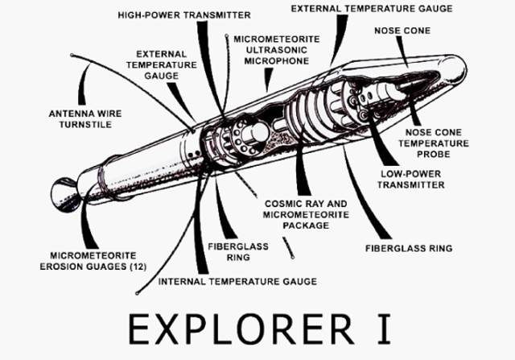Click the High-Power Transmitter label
click(x=183, y=15)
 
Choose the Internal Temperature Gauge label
click(x=236, y=281)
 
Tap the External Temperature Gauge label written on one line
click(x=371, y=8)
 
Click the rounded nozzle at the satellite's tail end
click(x=59, y=193)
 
